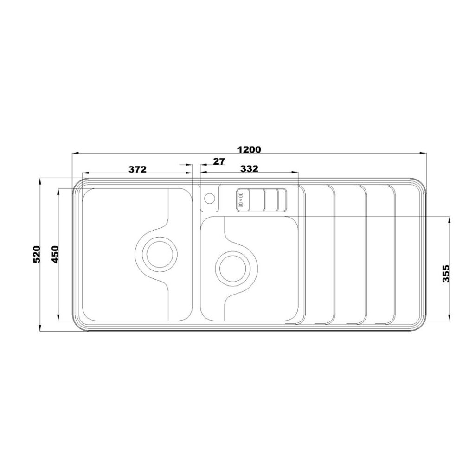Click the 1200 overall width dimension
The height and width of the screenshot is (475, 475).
pos(249,150)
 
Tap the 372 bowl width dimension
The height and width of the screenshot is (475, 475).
pos(137,169)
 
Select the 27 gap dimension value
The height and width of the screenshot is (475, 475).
pos(219,161)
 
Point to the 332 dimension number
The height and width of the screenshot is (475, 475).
pos(249,168)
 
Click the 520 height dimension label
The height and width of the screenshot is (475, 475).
pos(36,254)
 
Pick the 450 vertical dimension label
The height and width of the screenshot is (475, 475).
pos(55,254)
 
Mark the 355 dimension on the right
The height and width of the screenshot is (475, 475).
pos(446,274)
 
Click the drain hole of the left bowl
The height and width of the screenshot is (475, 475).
pos(160,254)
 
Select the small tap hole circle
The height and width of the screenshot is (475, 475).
pos(210,199)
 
